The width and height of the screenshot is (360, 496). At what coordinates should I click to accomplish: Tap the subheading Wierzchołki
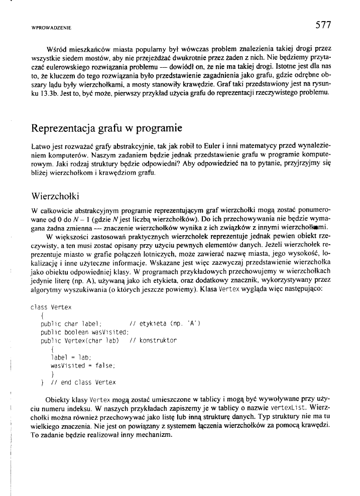[x=54, y=194]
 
